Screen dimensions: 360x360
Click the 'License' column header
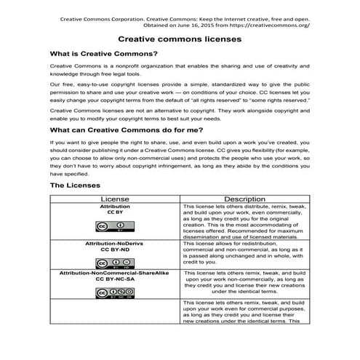[x=113, y=199]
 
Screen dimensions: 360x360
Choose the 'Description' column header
[x=245, y=199]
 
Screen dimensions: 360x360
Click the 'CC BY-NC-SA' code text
[x=113, y=279]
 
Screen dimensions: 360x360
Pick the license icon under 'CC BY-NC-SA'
[x=113, y=292]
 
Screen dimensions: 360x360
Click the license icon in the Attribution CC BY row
[x=113, y=226]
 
